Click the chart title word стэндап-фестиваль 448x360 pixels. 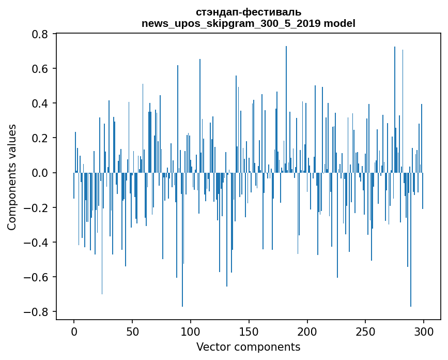(x=249, y=12)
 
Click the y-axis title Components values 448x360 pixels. (x=12, y=177)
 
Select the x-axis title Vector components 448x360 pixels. (x=248, y=347)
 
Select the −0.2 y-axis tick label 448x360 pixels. (x=38, y=208)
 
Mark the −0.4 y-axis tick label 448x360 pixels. (x=38, y=243)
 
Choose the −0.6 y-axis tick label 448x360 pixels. (x=38, y=277)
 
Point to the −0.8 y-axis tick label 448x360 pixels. (x=38, y=312)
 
